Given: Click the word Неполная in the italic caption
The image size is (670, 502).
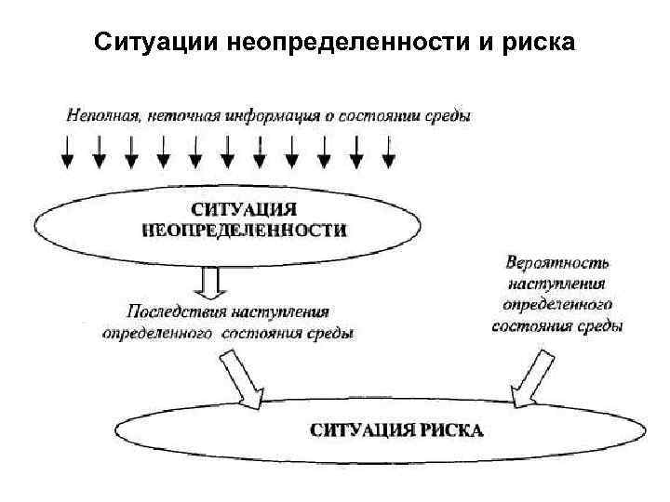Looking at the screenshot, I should (100, 115).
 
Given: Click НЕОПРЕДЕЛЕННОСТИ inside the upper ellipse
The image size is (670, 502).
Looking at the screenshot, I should (244, 231).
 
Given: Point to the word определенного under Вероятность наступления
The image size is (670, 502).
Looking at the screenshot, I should (556, 303).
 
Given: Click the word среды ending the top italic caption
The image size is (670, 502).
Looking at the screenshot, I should (449, 115).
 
